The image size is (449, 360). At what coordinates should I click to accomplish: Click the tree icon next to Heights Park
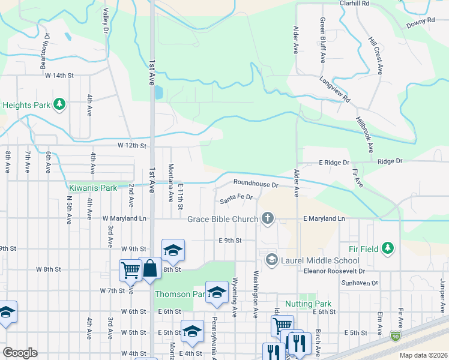coord(59,105)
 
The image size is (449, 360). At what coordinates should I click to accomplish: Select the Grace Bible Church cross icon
coord(268,219)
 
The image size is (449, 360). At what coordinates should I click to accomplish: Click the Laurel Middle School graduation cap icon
coord(271,260)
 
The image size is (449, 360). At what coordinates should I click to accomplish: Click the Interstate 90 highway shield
coord(396,336)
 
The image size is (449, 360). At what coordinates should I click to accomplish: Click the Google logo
coord(20,353)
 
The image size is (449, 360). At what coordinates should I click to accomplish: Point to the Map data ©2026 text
coord(423,355)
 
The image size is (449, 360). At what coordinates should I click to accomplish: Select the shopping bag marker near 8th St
coord(149,268)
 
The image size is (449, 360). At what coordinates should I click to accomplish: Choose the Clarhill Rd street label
coord(354,3)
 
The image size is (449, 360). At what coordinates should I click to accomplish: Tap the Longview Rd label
coord(334,89)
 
